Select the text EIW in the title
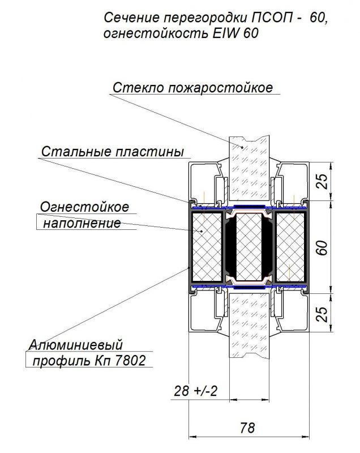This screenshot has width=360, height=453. (x=226, y=33)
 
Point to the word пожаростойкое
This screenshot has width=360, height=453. (x=220, y=88)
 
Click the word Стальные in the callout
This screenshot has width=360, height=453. (x=76, y=152)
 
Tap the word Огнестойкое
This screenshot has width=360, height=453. (x=84, y=207)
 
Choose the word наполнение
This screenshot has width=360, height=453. (x=82, y=223)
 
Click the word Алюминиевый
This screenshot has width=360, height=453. (x=76, y=345)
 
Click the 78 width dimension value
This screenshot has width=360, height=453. (x=247, y=428)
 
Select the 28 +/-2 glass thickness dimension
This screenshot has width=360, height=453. (x=195, y=391)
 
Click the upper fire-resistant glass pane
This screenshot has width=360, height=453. (x=249, y=168)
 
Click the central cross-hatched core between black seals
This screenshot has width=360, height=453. (x=249, y=247)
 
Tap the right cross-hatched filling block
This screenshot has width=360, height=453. (x=290, y=247)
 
